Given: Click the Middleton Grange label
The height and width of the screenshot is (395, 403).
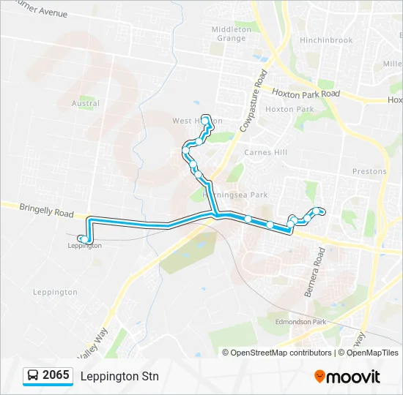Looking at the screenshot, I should point(232,34).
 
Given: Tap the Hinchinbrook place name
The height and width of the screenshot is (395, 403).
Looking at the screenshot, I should point(326,40).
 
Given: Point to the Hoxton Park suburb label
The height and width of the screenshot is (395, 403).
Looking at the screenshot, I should point(289,109).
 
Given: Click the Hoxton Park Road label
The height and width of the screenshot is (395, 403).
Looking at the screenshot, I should point(306,94).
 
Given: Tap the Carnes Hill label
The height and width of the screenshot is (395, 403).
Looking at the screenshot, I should point(265,152).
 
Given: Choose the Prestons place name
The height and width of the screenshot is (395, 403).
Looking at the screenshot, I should point(369,171).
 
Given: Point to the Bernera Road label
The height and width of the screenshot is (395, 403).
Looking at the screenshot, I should point(313,271).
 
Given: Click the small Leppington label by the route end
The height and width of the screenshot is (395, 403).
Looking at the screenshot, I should point(84,246).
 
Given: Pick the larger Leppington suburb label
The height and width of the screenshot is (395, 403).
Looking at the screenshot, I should point(55,292).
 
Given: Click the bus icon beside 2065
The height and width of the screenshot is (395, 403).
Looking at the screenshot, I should point(33,376).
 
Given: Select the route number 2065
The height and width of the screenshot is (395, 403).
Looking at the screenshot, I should point(56,376).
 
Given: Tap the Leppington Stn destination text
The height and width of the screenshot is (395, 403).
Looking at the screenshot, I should point(119,377).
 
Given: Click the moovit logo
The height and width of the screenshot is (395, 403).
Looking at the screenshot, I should point(347,377).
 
